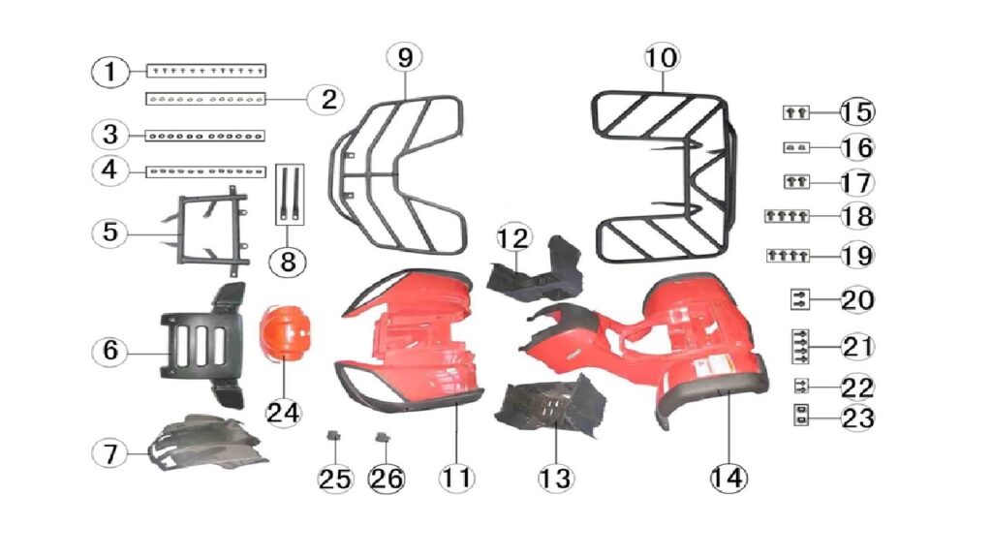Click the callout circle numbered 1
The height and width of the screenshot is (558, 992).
(110, 72)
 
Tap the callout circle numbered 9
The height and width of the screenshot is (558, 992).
(405, 57)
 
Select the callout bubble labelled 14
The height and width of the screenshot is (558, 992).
(728, 478)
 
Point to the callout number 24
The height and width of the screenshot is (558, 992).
(283, 413)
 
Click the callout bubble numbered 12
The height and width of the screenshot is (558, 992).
(513, 238)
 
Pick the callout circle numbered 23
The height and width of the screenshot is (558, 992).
(858, 418)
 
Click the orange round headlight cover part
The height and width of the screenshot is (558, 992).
(286, 334)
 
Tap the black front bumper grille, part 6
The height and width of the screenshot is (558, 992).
(202, 345)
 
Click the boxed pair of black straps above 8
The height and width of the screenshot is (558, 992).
(290, 194)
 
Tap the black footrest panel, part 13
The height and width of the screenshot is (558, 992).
(550, 408)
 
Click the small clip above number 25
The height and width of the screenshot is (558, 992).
(333, 436)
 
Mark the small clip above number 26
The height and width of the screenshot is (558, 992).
(383, 437)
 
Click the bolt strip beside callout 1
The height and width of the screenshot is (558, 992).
(206, 70)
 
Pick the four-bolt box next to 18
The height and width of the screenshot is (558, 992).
(787, 216)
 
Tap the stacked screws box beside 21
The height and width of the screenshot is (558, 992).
(800, 347)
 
